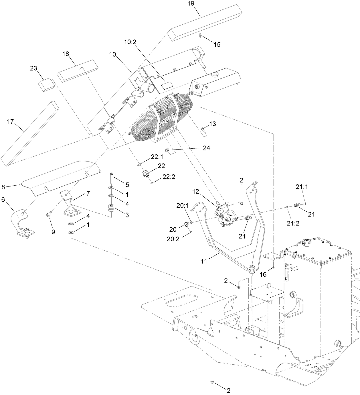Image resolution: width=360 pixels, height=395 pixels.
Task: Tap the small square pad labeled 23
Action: coord(47,85)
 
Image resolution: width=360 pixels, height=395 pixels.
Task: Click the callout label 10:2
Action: coord(130,42)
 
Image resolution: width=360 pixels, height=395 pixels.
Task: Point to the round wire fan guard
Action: coord(160,117)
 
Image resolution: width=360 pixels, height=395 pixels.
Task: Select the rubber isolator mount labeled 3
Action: coord(111,209)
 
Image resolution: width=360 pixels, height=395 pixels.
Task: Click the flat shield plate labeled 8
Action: coord(60,178)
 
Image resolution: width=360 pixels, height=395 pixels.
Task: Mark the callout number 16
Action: coord(263,274)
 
